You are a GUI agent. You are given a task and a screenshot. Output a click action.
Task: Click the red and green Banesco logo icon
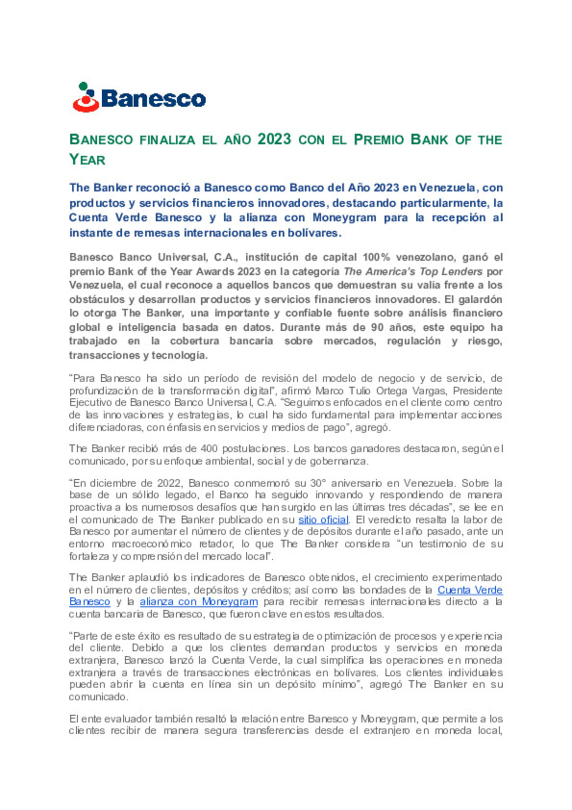pos(86,97)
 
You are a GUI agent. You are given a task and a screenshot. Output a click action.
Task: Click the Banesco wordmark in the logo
pos(153,99)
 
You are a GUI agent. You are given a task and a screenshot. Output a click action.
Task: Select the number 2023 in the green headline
pos(274,139)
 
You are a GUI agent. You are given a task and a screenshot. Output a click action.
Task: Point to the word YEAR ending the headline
pos(87,160)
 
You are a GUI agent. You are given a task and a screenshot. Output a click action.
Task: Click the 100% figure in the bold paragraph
pos(376,257)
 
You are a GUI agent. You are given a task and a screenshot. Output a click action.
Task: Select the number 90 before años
pos(377,327)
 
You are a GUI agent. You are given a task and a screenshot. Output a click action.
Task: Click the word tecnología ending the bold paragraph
pos(180,355)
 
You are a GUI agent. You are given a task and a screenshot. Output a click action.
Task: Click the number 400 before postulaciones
pos(209,448)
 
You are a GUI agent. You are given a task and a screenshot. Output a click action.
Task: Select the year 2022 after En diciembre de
pos(169,483)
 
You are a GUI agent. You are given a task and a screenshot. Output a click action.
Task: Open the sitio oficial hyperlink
pos(323,520)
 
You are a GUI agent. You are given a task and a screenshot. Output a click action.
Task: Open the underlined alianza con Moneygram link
pos(199,602)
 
